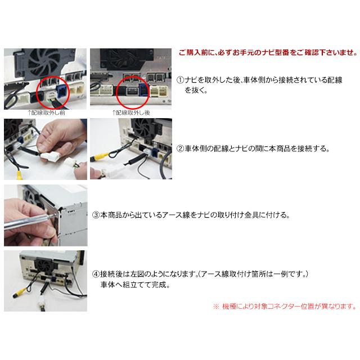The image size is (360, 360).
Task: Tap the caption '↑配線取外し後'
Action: tap(130, 112)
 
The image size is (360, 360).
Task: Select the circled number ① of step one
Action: tap(180, 80)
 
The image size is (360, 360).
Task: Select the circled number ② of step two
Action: tap(180, 150)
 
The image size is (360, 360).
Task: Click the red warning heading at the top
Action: tap(267, 53)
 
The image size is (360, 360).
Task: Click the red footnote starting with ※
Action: tap(284, 307)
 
